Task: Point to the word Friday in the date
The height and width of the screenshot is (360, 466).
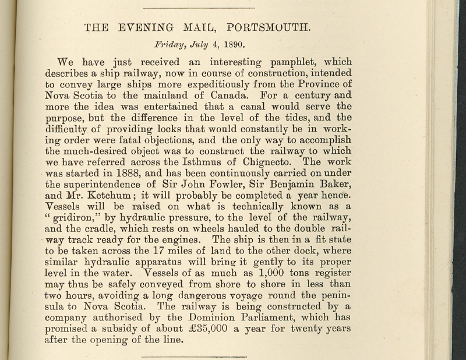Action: click(x=170, y=43)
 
